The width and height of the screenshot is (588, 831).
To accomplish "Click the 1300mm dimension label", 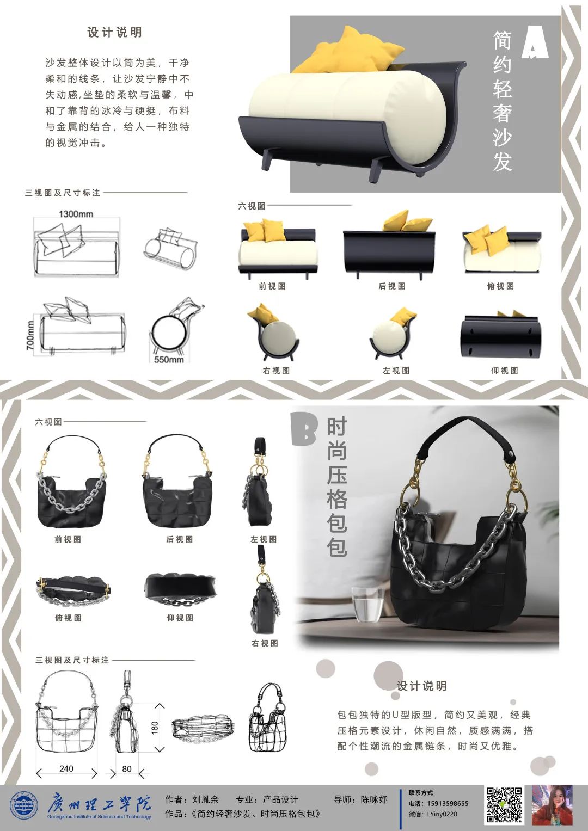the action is click(x=76, y=214).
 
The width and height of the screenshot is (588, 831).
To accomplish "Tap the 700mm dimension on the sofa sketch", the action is click(x=30, y=335).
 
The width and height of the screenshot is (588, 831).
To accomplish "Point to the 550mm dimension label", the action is click(x=169, y=359).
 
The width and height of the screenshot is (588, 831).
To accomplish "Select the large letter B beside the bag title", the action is click(x=304, y=430).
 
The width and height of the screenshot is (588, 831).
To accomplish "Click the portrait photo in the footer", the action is click(x=552, y=805).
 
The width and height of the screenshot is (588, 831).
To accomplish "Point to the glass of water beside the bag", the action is click(x=368, y=604).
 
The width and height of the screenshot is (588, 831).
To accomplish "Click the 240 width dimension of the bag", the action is click(x=66, y=768).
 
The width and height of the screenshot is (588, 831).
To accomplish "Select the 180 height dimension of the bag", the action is click(x=155, y=728).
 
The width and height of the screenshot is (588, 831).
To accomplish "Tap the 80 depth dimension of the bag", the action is click(x=126, y=768).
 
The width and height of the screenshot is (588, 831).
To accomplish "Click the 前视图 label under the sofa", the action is click(x=272, y=286).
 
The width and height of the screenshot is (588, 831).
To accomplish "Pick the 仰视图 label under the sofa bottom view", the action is click(x=505, y=370).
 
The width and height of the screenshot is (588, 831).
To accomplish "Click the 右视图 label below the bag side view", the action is click(x=265, y=643).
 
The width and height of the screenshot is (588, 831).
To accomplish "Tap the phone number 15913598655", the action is click(x=448, y=804).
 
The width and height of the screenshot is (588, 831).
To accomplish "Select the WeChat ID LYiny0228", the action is click(x=442, y=814).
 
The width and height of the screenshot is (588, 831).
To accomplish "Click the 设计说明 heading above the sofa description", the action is click(x=115, y=32).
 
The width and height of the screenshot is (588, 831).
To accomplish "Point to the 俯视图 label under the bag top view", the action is click(x=68, y=617).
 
